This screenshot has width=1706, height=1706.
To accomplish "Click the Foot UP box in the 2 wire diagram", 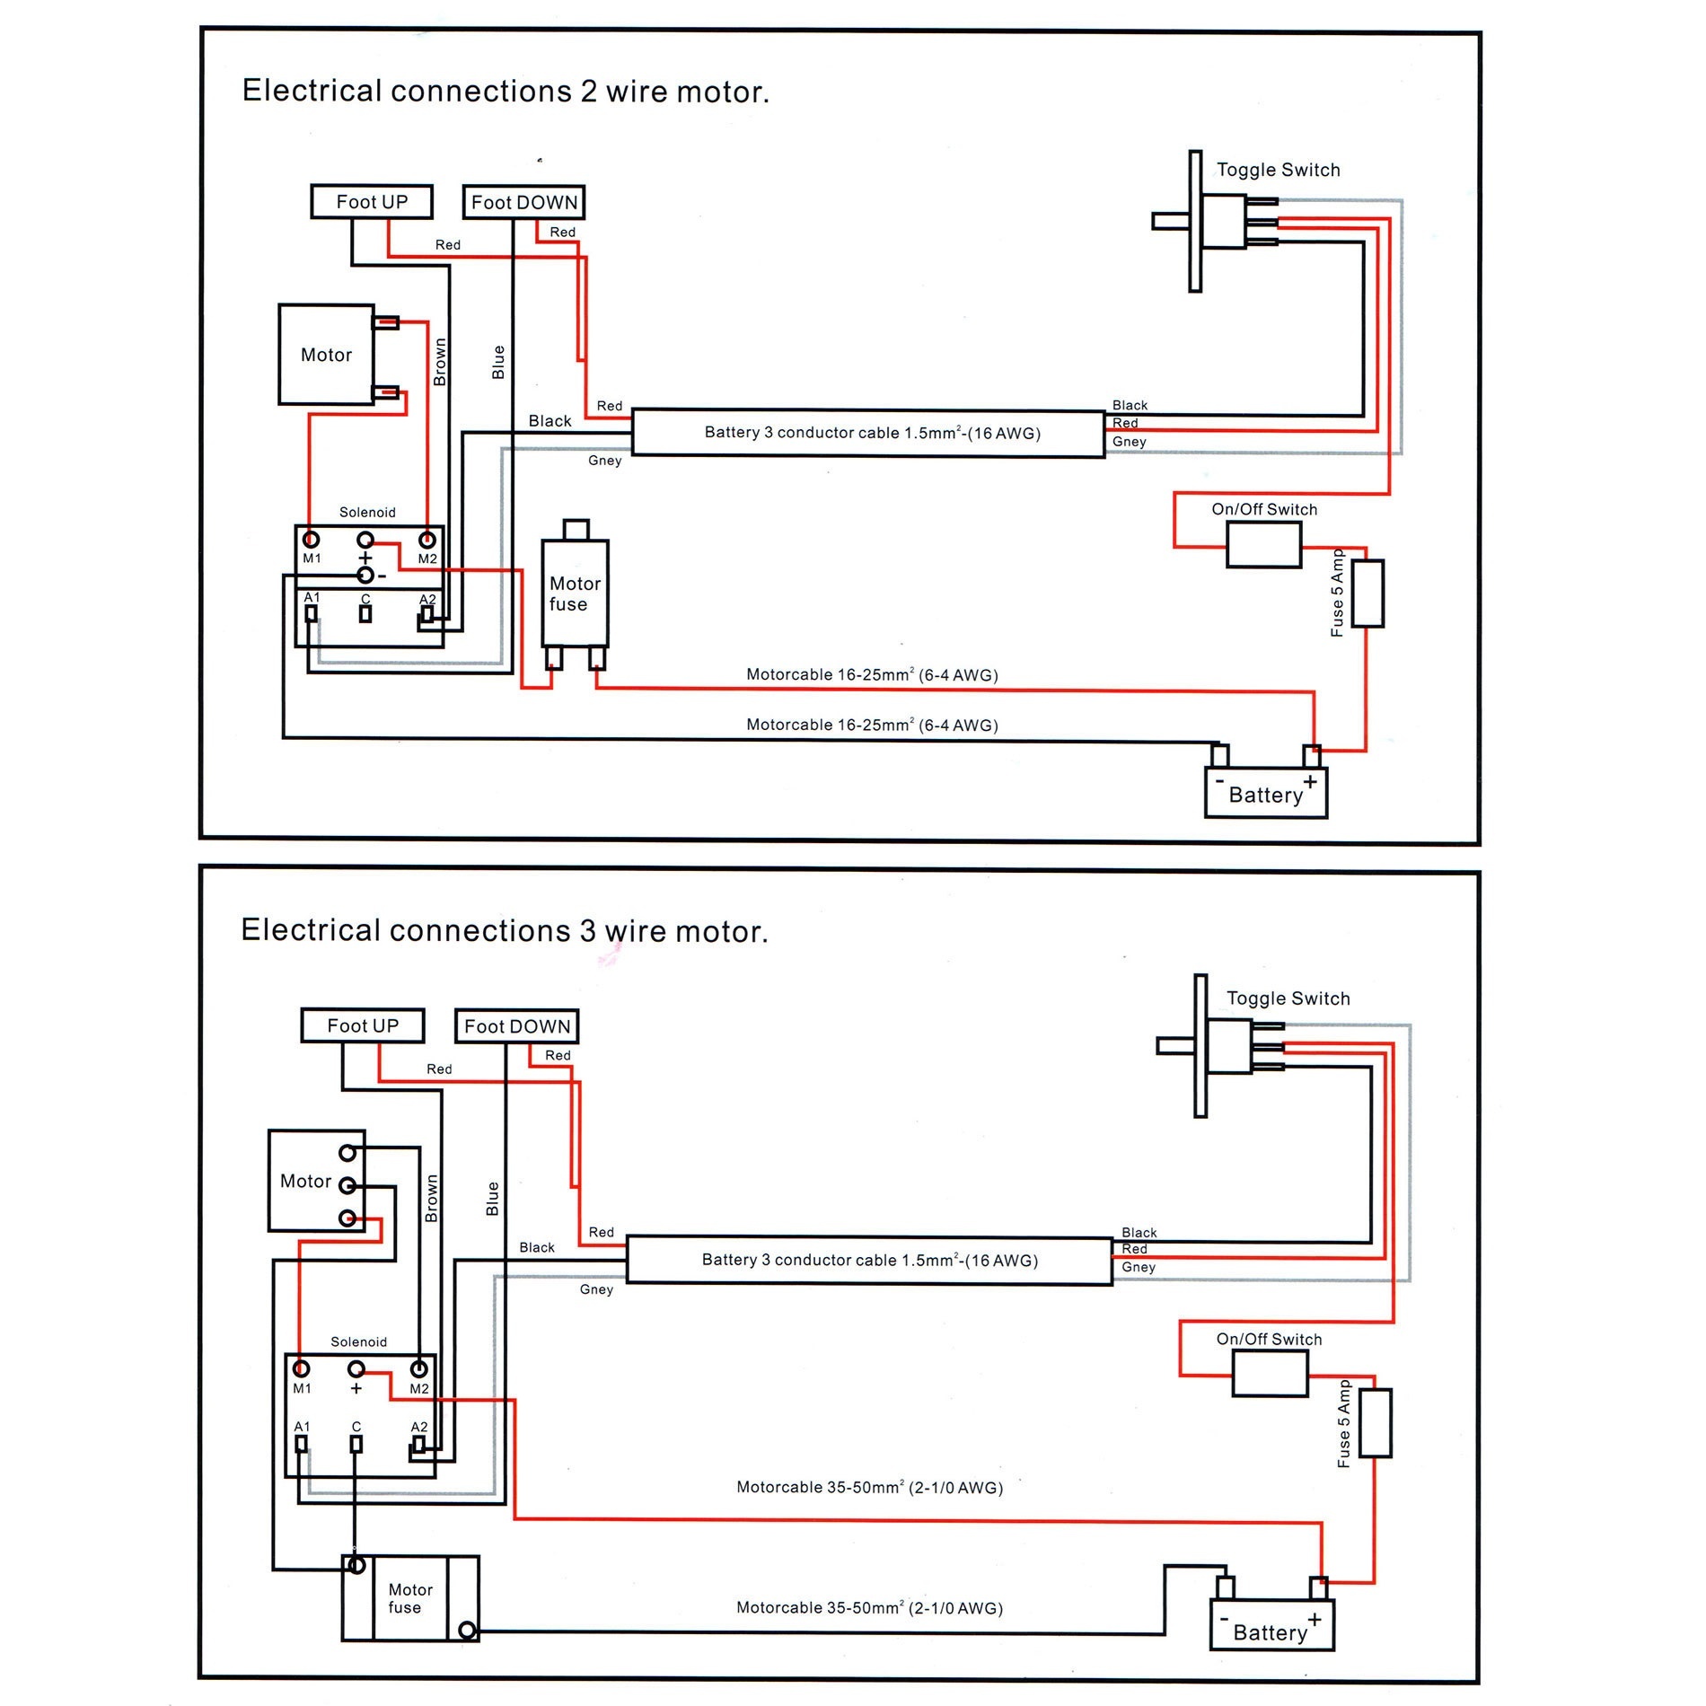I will click(372, 202).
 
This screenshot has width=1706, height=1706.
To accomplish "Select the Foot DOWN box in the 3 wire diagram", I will click(517, 1026).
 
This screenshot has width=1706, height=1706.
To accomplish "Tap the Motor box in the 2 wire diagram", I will click(326, 355).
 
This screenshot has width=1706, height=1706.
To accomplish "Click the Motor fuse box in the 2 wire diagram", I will click(575, 594).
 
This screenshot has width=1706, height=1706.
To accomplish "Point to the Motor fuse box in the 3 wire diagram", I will click(410, 1598).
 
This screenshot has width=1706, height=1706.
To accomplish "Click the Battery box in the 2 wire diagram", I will click(1266, 794).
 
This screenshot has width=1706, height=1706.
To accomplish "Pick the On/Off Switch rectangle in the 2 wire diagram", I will click(1263, 545).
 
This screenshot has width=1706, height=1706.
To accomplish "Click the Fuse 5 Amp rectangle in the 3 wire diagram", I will click(1375, 1423).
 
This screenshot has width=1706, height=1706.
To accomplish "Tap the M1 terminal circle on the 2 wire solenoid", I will click(312, 540).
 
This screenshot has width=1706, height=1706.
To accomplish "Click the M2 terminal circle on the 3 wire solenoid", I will click(418, 1369).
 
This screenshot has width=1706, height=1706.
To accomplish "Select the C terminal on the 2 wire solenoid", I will click(365, 614).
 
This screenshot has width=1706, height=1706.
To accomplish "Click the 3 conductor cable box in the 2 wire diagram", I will click(868, 434).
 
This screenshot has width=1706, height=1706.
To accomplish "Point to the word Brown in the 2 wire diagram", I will click(440, 362).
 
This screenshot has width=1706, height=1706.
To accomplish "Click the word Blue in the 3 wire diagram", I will click(492, 1199).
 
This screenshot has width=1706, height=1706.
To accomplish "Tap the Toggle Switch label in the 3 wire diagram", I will click(1288, 998).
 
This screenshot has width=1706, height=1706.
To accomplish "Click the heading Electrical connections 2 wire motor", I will click(506, 92).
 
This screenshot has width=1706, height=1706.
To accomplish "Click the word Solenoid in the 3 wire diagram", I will click(358, 1342).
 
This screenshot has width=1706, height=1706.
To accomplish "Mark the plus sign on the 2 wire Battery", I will click(1310, 782).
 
